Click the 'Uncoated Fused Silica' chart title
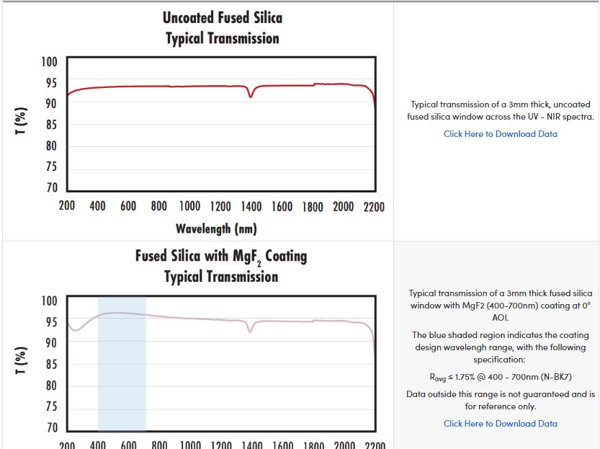click(x=222, y=17)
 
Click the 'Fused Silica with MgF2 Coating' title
click(x=220, y=256)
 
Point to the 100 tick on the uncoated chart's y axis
click(x=49, y=62)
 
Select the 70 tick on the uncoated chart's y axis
click(x=50, y=188)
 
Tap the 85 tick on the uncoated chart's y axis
click(x=50, y=125)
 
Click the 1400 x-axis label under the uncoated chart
click(x=251, y=207)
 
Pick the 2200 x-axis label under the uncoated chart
click(x=374, y=207)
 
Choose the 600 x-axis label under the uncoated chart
click(x=128, y=207)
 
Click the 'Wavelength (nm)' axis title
click(x=216, y=229)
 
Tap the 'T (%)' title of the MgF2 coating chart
click(x=22, y=362)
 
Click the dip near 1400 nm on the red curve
click(x=251, y=95)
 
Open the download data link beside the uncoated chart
click(x=500, y=133)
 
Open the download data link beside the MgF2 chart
click(x=500, y=424)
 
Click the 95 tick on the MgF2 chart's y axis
click(x=50, y=322)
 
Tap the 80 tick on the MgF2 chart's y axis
click(x=50, y=386)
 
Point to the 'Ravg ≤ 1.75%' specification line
click(x=500, y=377)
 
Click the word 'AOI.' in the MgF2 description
click(x=501, y=317)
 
